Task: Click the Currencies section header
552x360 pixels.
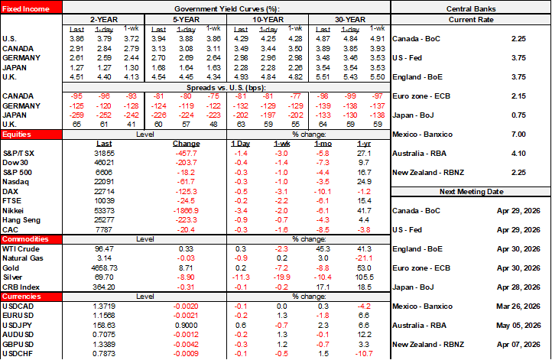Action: [22, 294]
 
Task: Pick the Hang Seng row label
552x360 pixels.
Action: [23, 219]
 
